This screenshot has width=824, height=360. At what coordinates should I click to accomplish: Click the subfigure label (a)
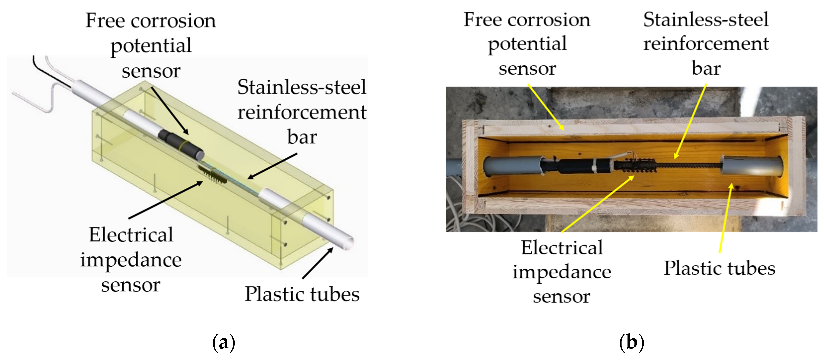(224, 343)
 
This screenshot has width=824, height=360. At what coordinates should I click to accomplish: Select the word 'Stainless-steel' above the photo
(706, 20)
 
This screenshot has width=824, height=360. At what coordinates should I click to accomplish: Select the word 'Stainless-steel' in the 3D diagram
(302, 87)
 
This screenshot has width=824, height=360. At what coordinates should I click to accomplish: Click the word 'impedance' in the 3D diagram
(131, 260)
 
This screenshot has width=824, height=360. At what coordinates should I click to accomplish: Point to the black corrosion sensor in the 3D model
(181, 146)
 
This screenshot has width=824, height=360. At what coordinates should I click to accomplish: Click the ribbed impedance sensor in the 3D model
(213, 174)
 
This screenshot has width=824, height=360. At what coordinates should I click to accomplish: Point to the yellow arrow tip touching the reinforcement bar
(675, 158)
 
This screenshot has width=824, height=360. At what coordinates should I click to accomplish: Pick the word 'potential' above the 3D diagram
(151, 45)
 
